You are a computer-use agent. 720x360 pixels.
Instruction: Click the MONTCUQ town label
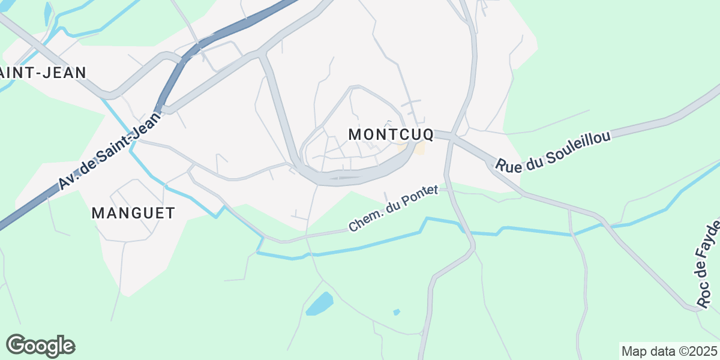coord(391,134)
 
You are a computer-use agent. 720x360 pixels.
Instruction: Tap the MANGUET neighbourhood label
coord(133,212)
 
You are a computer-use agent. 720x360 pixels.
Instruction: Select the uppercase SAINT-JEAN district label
coord(42,73)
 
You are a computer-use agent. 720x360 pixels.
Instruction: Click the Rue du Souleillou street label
coord(553,151)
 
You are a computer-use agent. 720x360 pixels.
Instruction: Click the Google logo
coord(40,346)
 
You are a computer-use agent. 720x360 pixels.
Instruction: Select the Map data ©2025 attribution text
coord(668,351)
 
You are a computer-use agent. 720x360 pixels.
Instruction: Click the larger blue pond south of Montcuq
coord(319,304)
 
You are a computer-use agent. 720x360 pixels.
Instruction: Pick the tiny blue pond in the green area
coord(396,311)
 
